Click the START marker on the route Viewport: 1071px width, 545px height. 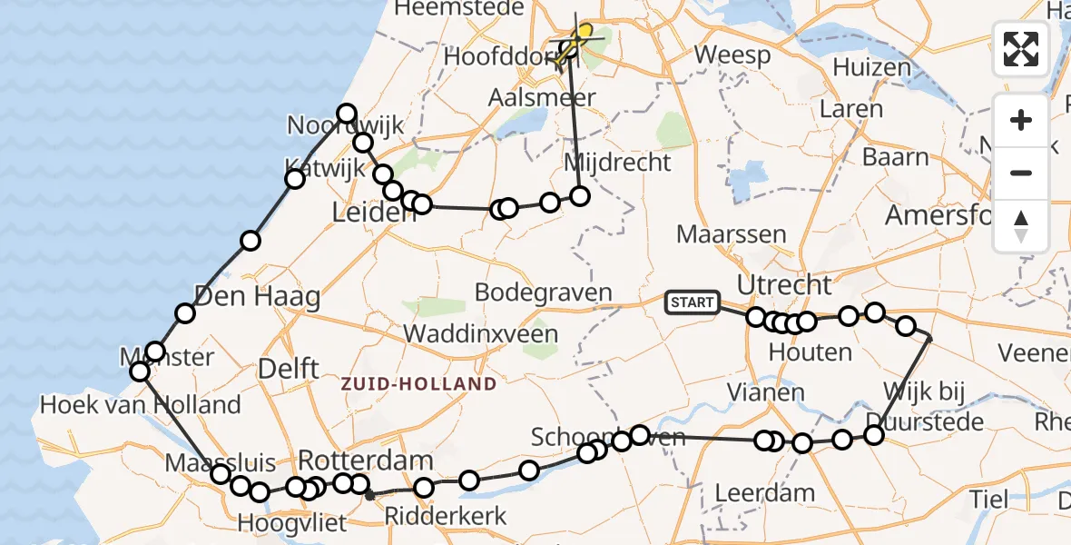tap(693, 302)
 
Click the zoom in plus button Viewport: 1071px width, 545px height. tap(1021, 120)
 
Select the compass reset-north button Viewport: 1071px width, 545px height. tap(1021, 226)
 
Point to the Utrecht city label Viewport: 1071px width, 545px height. tap(784, 284)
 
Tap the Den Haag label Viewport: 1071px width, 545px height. tap(256, 296)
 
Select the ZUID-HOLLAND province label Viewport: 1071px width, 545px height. tap(418, 383)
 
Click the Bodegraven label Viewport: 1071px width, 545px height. tap(543, 293)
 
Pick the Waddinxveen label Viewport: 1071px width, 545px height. tap(480, 332)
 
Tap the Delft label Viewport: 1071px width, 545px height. tap(289, 368)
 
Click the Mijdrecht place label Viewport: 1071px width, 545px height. tap(617, 163)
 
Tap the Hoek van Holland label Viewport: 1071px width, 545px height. tap(141, 404)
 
